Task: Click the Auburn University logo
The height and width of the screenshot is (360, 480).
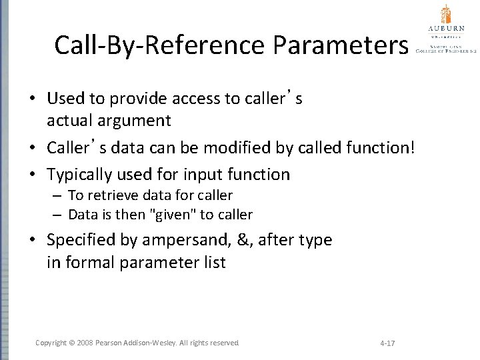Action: [x=445, y=29]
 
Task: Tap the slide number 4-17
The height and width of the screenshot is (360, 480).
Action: [x=387, y=343]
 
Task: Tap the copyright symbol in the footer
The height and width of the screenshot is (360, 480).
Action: [x=72, y=343]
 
